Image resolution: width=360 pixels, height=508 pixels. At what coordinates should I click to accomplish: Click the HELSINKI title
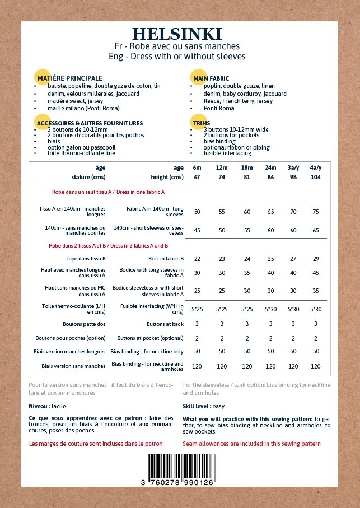177,34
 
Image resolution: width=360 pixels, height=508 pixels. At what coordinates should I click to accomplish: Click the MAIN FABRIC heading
211,78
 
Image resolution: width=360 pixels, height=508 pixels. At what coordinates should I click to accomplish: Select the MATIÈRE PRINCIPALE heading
69,78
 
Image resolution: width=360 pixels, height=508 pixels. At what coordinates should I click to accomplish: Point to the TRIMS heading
201,123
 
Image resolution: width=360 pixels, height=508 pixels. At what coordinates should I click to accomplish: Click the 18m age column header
246,167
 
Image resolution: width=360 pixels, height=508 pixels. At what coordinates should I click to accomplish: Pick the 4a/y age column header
315,167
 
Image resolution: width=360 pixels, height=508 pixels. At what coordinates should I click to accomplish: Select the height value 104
315,178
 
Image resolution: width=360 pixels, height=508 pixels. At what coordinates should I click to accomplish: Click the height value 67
197,178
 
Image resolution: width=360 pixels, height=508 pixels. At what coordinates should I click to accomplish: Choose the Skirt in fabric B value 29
315,259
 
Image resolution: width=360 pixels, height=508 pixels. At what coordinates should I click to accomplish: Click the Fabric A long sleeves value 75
315,212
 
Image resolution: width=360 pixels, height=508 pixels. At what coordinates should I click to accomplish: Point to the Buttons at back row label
165,324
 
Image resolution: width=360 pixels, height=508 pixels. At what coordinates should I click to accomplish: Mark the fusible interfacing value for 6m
197,309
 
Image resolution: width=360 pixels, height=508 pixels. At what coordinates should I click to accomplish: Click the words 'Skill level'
195,406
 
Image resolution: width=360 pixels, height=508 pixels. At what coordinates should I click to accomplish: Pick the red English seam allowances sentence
251,444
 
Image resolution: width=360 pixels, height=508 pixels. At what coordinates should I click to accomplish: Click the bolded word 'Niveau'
39,406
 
